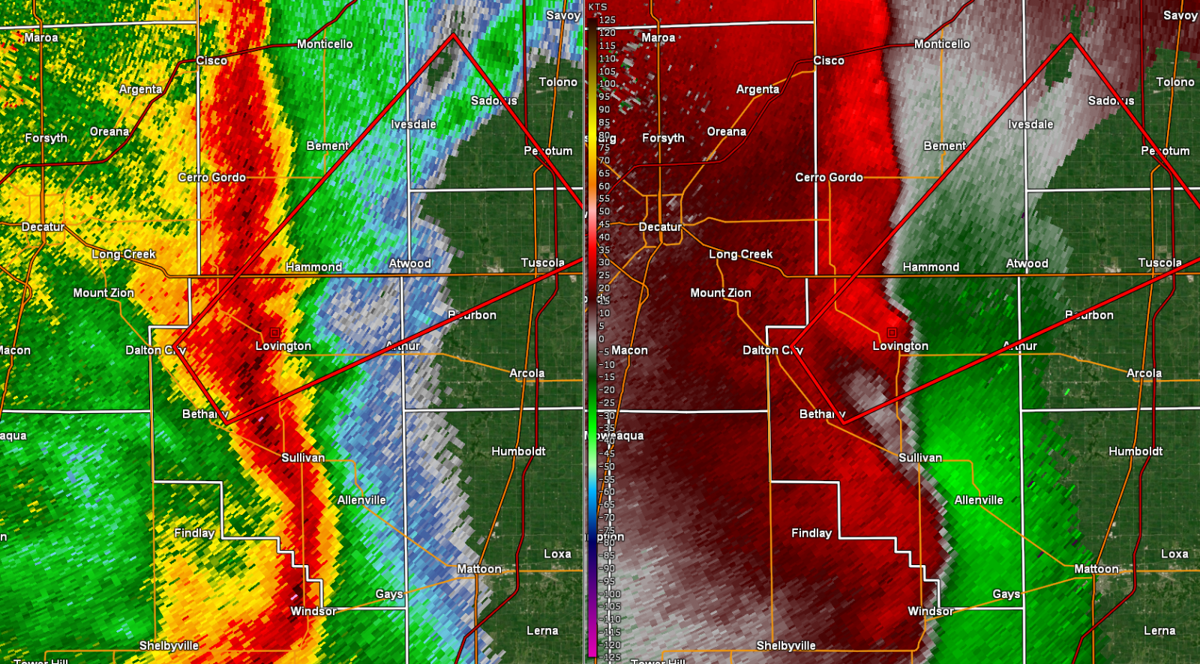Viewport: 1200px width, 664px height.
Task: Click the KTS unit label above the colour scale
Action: click(x=598, y=7)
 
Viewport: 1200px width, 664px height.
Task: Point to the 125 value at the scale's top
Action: click(x=607, y=20)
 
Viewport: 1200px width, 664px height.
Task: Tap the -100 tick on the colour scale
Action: click(x=610, y=594)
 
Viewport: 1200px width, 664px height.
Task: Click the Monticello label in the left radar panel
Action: click(x=325, y=44)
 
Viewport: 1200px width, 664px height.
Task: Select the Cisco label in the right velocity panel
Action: click(x=829, y=61)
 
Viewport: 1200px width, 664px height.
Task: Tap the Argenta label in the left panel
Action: click(x=140, y=89)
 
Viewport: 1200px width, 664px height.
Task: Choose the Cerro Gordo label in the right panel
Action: click(x=829, y=178)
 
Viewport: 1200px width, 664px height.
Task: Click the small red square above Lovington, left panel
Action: click(x=274, y=332)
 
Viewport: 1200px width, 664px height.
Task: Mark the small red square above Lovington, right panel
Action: click(x=892, y=332)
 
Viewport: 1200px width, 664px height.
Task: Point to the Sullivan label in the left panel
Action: click(x=303, y=458)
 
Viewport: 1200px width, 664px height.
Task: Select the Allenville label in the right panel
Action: click(x=979, y=500)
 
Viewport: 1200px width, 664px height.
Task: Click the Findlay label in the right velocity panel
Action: click(x=811, y=533)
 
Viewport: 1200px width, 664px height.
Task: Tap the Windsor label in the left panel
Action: click(x=313, y=612)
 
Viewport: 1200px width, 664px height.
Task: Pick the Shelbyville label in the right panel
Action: click(x=786, y=645)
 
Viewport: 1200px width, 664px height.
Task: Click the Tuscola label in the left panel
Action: click(x=542, y=263)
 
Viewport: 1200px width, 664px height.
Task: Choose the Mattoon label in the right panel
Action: click(x=1096, y=569)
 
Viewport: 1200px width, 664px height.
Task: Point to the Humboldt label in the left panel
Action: click(x=518, y=451)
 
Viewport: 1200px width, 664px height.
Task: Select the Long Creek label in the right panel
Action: click(x=740, y=254)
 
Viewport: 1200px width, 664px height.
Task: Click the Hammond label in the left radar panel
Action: click(x=313, y=267)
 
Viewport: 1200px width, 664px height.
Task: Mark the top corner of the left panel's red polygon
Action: click(x=454, y=34)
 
